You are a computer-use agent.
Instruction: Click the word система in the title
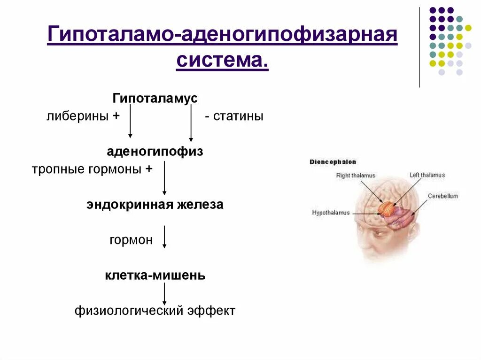[222, 61]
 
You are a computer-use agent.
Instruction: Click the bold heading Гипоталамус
[155, 99]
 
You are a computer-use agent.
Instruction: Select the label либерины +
[83, 116]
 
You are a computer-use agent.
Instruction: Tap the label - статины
[234, 116]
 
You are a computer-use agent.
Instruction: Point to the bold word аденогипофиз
[155, 152]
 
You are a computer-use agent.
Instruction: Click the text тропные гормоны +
[92, 169]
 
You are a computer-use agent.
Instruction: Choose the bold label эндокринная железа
[155, 205]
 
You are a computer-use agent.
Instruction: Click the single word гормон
[131, 240]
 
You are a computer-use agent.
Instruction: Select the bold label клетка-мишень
[155, 275]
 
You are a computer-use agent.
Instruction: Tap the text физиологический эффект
[155, 310]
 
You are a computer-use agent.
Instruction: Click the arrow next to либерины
[130, 121]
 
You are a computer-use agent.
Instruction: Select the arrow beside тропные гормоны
[164, 178]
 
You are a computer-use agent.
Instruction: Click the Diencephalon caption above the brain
[333, 162]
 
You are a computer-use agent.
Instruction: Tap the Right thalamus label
[356, 176]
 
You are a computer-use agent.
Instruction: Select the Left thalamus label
[427, 175]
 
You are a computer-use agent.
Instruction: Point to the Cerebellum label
[442, 196]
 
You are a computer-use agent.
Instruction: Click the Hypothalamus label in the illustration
[331, 213]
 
